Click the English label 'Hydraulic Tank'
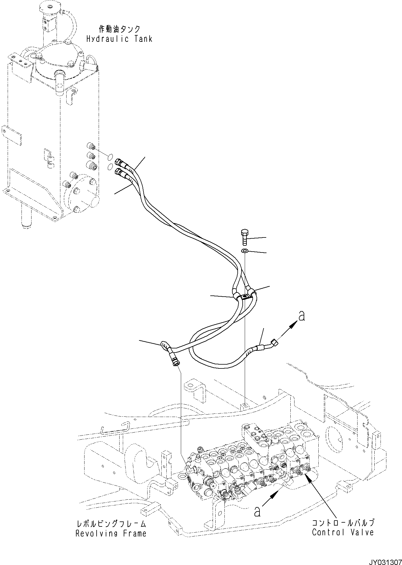click(x=119, y=39)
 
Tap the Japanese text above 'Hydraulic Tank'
click(x=119, y=29)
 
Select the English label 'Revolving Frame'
click(x=111, y=533)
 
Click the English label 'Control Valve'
click(x=343, y=532)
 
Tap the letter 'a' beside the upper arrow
click(x=301, y=316)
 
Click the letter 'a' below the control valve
click(x=257, y=512)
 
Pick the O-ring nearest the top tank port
click(x=109, y=157)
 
